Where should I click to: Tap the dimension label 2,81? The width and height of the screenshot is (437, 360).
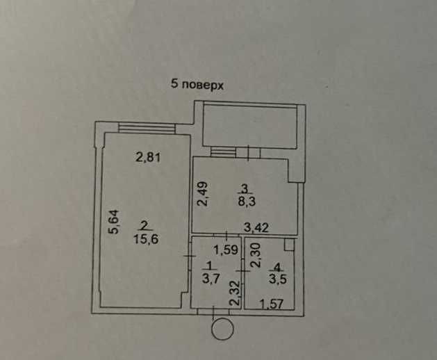click(x=148, y=157)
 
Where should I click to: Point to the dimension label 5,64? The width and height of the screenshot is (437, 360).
click(x=115, y=224)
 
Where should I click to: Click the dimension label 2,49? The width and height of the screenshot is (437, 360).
click(x=201, y=193)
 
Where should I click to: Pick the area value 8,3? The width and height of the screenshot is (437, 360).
click(x=246, y=201)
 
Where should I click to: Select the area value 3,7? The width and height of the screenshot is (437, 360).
click(x=210, y=279)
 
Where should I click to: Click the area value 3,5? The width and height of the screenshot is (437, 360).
click(x=277, y=279)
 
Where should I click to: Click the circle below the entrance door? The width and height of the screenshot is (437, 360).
click(x=222, y=329)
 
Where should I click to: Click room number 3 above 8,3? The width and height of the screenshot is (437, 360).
click(x=245, y=188)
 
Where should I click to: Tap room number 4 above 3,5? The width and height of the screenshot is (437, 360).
click(x=277, y=266)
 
